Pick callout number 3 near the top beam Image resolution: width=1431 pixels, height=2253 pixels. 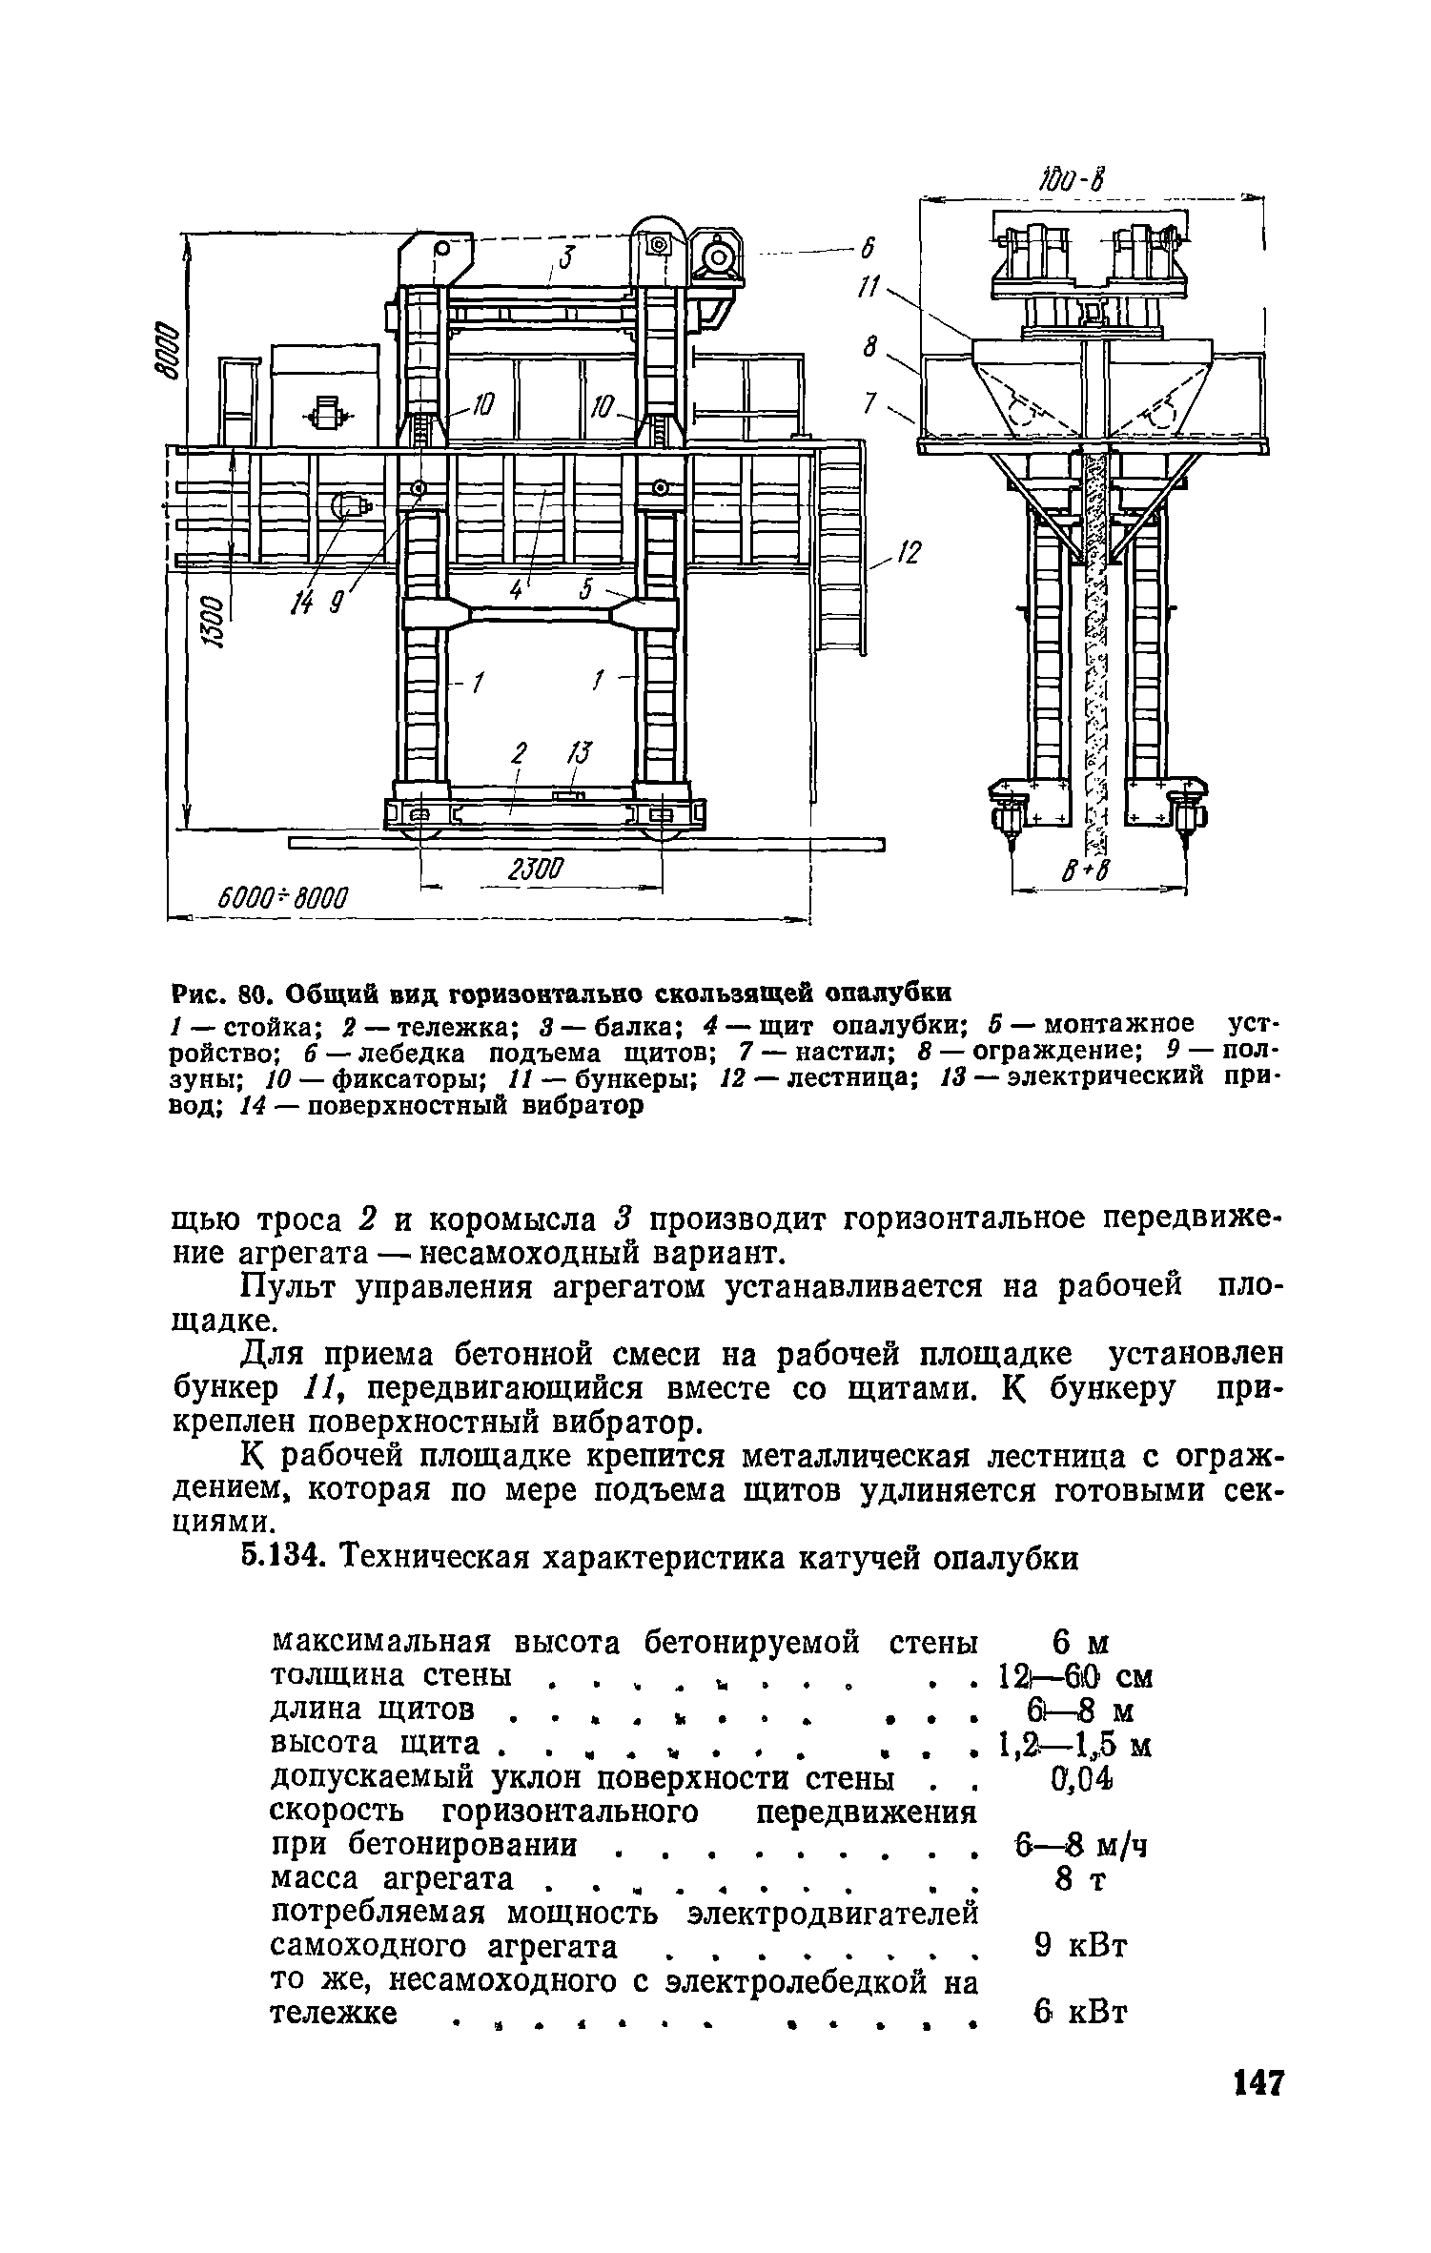pos(565,257)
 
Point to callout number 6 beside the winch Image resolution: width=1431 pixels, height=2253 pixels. pos(867,250)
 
